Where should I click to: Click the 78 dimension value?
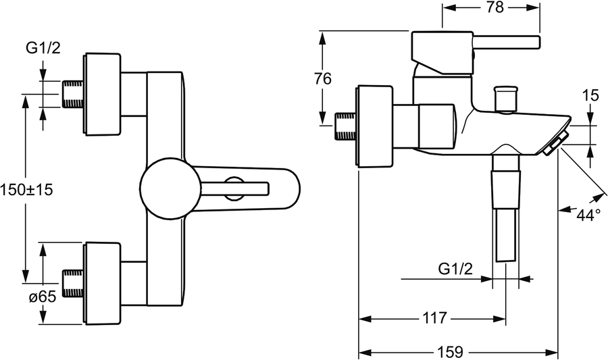click(495, 7)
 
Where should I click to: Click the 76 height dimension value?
click(323, 79)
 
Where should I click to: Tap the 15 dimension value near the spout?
click(590, 96)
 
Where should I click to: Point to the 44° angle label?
click(588, 215)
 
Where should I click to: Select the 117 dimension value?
click(434, 319)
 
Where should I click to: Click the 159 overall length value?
click(451, 353)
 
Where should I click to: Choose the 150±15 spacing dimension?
click(26, 190)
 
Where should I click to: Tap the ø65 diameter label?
click(43, 297)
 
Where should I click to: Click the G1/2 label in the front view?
click(43, 48)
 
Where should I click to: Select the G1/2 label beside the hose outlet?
click(455, 269)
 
